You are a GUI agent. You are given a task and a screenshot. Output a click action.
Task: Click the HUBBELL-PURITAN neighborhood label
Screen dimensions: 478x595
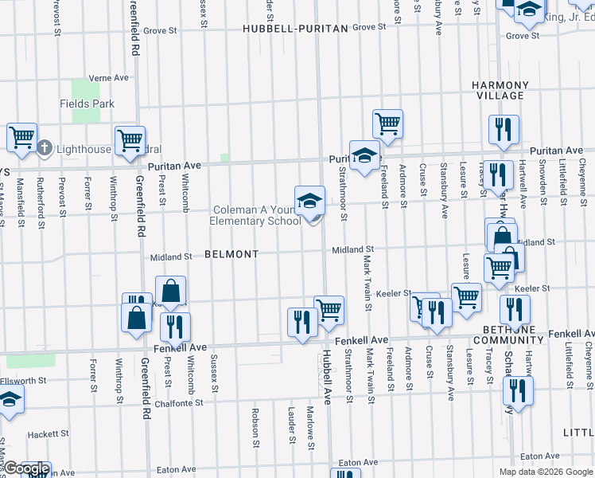[x=296, y=28]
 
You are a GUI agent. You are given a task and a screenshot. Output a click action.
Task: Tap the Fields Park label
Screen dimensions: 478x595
[x=87, y=104]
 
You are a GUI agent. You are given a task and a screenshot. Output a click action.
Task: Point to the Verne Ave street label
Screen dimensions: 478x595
[x=109, y=78]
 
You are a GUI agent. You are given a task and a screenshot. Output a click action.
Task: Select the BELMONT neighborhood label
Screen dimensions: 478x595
[x=231, y=254]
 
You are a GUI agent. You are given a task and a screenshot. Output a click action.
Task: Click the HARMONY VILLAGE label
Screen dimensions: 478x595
[x=500, y=90]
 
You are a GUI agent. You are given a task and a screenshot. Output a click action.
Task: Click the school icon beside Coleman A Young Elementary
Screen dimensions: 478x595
[x=309, y=202]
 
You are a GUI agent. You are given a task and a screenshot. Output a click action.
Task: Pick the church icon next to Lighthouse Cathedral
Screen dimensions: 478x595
[x=45, y=147]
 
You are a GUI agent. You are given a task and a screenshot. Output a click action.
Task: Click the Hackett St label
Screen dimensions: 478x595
[x=45, y=435]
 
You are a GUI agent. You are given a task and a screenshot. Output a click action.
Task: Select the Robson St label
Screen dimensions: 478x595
[x=256, y=427]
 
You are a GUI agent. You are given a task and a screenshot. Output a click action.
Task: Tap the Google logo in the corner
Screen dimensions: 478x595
[x=25, y=469]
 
